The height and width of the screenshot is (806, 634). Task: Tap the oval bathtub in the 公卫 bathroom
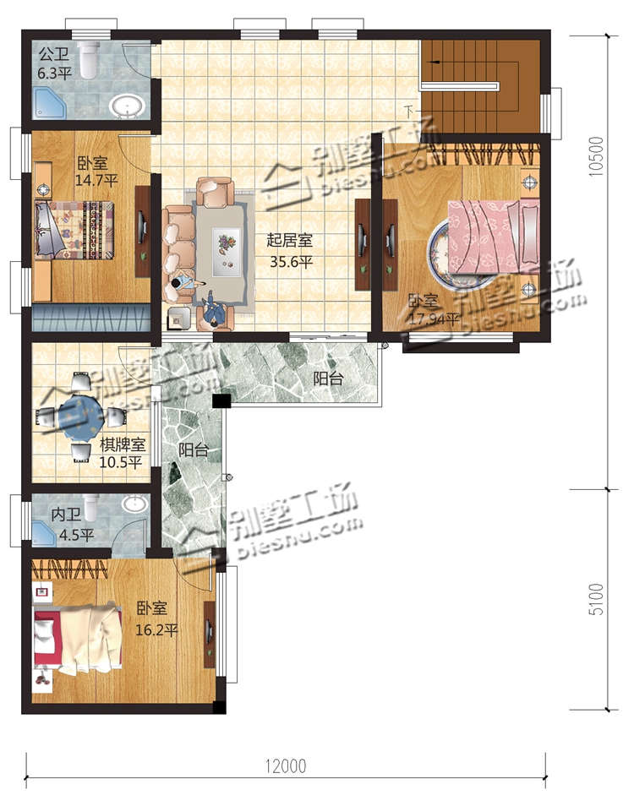127,106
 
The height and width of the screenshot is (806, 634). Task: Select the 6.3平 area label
54,74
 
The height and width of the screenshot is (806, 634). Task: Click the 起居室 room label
289,240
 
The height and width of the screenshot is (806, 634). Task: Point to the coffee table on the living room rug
227,248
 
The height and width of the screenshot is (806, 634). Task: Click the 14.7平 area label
96,181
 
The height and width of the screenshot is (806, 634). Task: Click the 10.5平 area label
120,462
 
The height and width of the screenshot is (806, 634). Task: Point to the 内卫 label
66,514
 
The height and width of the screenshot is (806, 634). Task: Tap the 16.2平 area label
157,629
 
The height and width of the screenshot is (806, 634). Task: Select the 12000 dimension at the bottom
286,766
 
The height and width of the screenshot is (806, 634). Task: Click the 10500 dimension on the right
596,157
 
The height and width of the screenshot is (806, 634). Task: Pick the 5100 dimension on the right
596,599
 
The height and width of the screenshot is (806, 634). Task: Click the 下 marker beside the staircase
409,111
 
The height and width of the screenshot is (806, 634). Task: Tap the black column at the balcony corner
222,400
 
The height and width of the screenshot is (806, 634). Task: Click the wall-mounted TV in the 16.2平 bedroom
210,634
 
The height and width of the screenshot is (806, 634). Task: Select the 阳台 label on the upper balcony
329,378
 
